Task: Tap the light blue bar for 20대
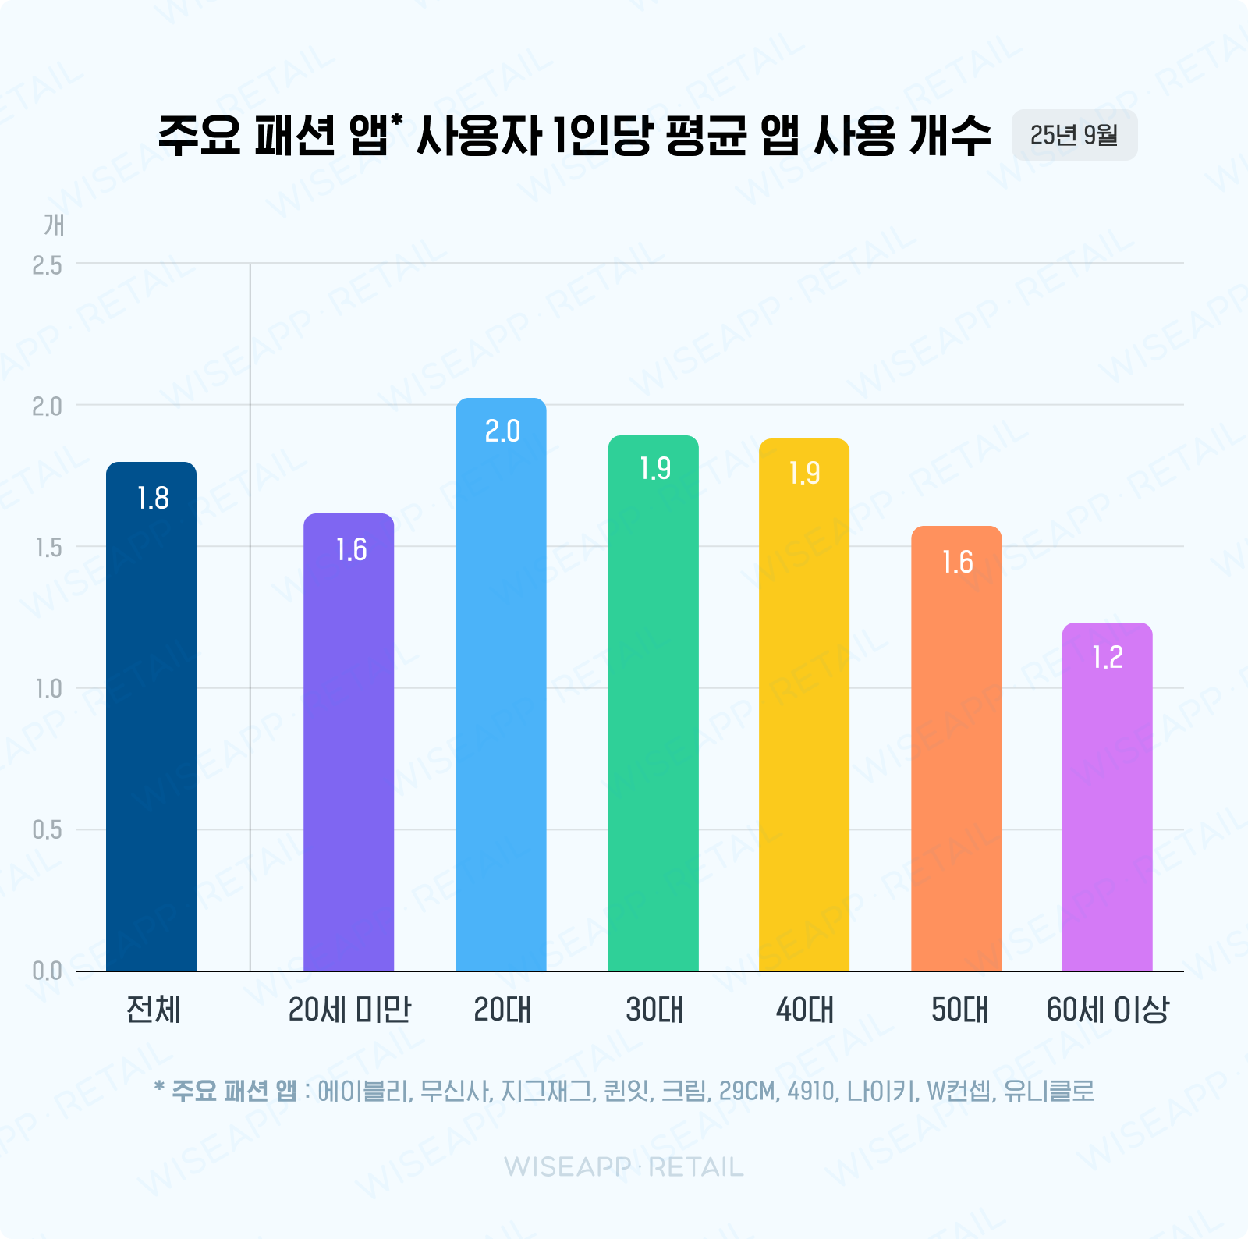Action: point(501,702)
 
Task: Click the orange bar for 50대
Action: point(956,765)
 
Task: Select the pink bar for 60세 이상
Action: point(1108,811)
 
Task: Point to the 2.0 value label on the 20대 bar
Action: point(502,431)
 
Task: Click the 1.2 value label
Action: point(1108,658)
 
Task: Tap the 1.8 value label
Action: point(153,499)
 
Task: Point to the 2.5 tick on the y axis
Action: point(47,266)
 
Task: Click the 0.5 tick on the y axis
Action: point(47,830)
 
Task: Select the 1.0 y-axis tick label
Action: point(47,689)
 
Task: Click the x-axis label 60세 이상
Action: point(1108,1010)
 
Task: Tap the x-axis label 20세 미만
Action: point(349,1010)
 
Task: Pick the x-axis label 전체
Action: point(153,1010)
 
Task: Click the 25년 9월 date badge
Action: point(1074,135)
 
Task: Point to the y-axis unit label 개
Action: point(54,225)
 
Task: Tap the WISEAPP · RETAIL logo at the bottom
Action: point(624,1167)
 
